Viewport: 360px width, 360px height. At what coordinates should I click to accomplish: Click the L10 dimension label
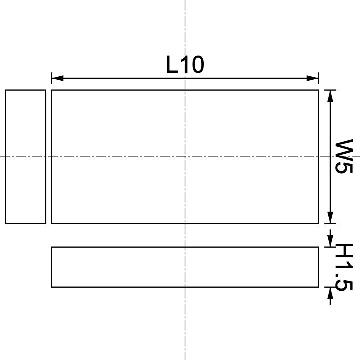tap(185, 65)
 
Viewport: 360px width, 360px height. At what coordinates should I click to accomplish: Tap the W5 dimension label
tap(344, 156)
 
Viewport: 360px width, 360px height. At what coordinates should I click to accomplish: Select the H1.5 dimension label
tap(344, 267)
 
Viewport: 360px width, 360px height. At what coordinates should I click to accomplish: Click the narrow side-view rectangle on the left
tap(26, 156)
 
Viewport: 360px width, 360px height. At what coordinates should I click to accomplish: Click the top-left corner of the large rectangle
tap(52, 90)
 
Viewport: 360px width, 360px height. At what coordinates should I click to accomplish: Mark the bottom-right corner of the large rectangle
tap(318, 223)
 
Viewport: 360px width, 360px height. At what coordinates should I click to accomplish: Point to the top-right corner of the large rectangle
tap(318, 90)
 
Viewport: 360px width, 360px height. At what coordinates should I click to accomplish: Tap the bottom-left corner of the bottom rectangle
tap(52, 287)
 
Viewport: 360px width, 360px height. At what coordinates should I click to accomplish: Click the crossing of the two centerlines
tap(185, 157)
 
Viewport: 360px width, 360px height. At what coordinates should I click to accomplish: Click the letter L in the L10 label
tap(172, 65)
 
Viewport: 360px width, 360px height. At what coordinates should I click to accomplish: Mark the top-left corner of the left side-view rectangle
tap(6, 90)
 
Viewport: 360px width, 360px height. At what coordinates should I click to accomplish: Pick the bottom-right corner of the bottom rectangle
tap(318, 287)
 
